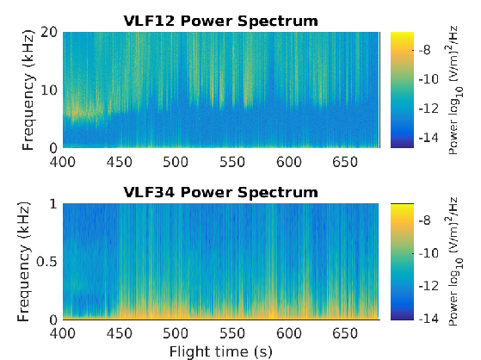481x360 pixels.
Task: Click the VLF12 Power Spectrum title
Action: click(x=220, y=21)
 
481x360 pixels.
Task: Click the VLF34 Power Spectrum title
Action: click(x=220, y=192)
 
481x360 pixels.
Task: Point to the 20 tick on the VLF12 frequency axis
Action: click(x=49, y=32)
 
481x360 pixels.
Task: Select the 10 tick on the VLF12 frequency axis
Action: click(x=49, y=90)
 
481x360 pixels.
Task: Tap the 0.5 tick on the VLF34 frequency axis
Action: click(x=46, y=262)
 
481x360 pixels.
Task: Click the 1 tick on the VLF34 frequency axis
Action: click(x=53, y=203)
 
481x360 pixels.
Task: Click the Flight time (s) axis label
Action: click(x=221, y=351)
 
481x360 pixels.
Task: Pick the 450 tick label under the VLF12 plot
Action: click(x=120, y=162)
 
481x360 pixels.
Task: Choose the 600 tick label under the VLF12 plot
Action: click(x=288, y=162)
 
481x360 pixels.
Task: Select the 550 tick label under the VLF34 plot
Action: click(x=232, y=333)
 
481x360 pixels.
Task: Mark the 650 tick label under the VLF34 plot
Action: click(x=345, y=333)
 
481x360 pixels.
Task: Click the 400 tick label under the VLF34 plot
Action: click(x=63, y=333)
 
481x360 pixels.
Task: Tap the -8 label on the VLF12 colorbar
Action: click(x=425, y=50)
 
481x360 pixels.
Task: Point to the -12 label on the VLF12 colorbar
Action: click(x=429, y=109)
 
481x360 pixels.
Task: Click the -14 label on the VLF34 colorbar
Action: click(x=429, y=319)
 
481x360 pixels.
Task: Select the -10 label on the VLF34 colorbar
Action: click(x=429, y=253)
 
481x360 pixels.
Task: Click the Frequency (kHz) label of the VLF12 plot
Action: click(x=28, y=90)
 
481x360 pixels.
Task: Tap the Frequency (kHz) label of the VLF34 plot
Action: click(x=24, y=262)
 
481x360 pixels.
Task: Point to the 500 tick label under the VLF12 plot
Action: click(x=176, y=162)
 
